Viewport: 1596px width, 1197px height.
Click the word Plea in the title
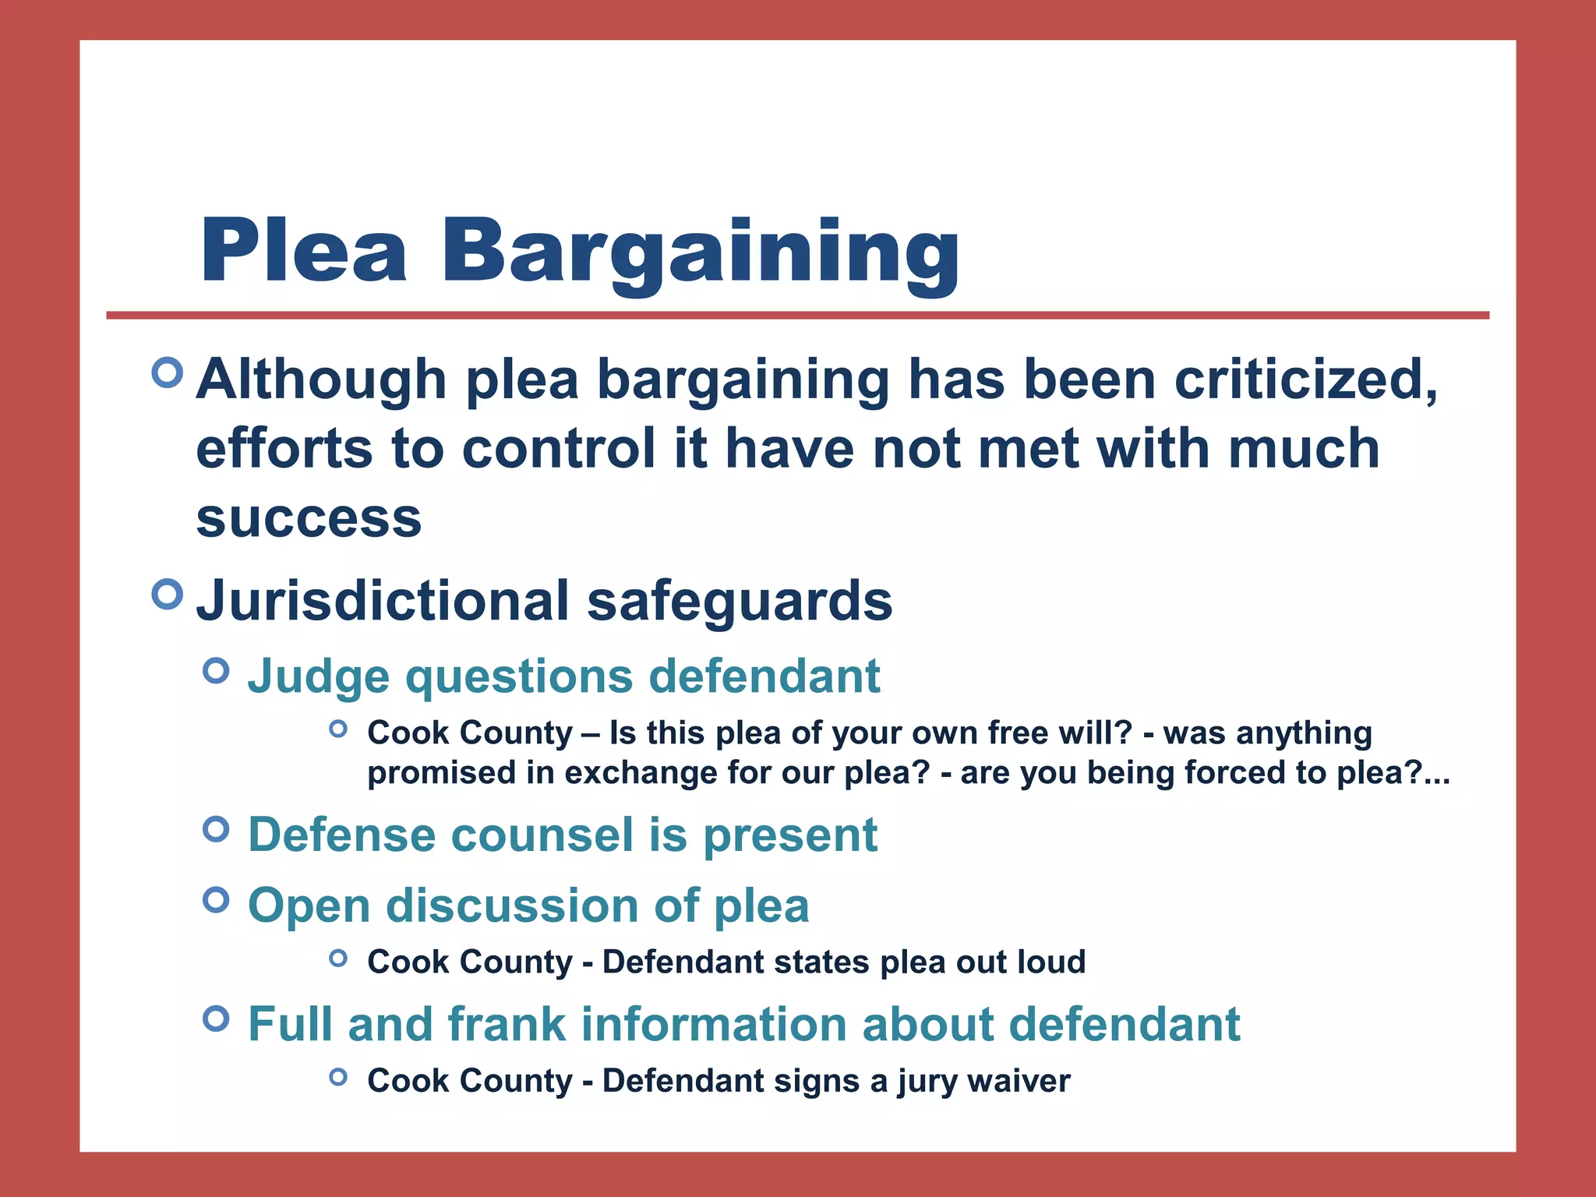click(x=303, y=251)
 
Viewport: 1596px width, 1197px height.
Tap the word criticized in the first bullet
click(x=1305, y=380)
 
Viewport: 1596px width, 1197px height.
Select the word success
click(x=309, y=518)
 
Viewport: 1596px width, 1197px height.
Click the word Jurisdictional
click(x=383, y=601)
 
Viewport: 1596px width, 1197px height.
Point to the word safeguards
click(x=740, y=601)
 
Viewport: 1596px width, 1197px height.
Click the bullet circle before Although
click(x=168, y=373)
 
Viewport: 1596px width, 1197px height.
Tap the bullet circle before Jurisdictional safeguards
click(x=168, y=595)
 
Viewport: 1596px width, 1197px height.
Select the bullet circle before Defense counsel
click(x=216, y=829)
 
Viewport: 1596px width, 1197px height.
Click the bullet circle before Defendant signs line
click(x=337, y=1077)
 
